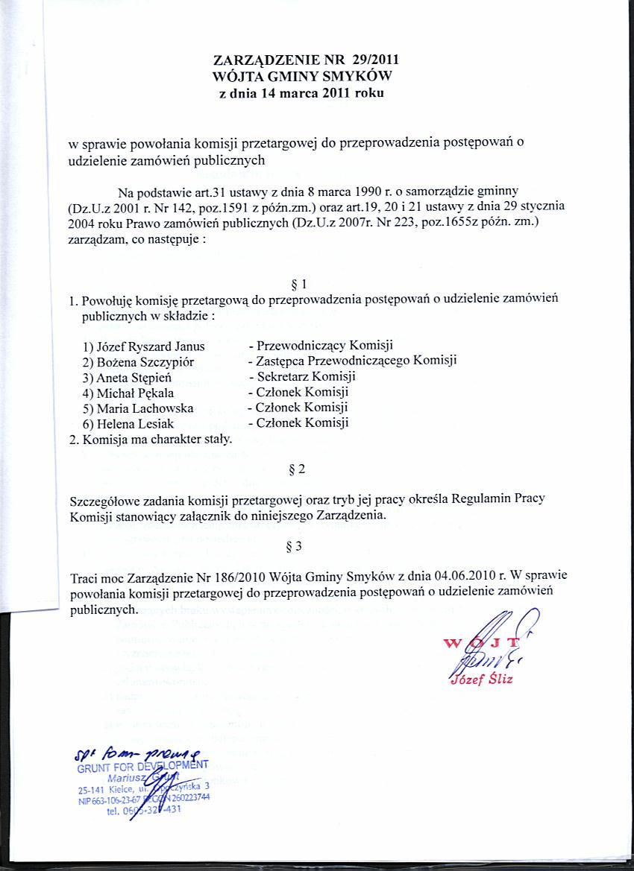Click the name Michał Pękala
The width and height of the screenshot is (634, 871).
pos(133,392)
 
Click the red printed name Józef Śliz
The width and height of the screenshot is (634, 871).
pos(481,679)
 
